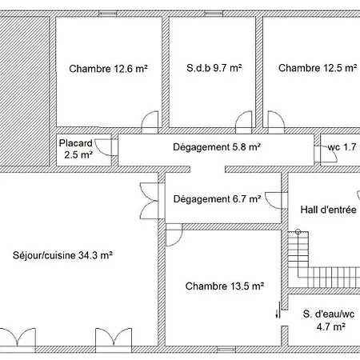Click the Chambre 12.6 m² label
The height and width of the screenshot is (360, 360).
109,69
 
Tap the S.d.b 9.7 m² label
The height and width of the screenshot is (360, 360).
214,68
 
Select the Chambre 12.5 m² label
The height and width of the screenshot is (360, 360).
318,68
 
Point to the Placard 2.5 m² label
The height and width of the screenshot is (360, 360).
76,149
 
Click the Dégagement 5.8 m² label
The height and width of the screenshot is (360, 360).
217,147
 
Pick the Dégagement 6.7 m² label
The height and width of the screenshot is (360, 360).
217,199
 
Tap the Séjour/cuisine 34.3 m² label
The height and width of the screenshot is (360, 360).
62,255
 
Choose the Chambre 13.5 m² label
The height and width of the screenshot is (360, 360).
225,286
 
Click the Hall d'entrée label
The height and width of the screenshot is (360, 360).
329,210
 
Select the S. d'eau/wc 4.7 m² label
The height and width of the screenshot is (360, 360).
329,320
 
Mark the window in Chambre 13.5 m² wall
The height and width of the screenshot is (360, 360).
226,350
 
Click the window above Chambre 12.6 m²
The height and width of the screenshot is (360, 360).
108,14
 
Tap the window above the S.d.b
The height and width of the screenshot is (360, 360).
214,14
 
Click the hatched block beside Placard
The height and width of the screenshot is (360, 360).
25,91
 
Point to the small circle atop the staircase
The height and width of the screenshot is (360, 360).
298,232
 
